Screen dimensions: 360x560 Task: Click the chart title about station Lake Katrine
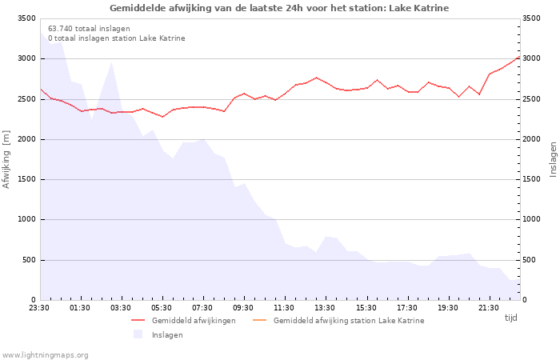279,8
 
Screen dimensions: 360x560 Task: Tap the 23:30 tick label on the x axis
39,307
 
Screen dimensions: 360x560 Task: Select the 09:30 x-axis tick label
244,307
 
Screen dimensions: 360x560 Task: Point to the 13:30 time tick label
326,307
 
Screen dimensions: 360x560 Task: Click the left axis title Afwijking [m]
7,159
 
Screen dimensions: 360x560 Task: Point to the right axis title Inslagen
552,159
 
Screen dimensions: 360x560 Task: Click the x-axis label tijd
510,318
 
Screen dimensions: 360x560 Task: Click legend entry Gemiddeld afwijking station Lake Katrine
348,321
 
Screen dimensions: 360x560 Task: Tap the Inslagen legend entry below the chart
167,335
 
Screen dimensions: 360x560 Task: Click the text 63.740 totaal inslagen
89,29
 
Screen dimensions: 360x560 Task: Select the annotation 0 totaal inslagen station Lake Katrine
116,38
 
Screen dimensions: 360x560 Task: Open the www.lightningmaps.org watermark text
45,355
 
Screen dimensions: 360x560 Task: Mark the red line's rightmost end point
520,56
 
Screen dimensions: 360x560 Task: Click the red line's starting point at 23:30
40,90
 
